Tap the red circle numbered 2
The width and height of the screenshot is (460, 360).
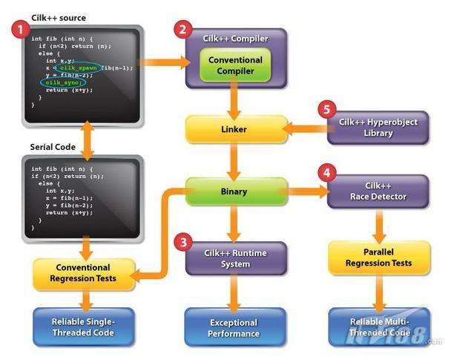pos(182,30)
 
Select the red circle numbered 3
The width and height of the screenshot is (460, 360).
pos(182,241)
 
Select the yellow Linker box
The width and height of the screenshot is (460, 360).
pos(235,129)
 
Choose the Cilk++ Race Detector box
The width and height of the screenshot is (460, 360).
pos(379,191)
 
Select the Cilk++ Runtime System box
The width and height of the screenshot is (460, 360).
pos(235,258)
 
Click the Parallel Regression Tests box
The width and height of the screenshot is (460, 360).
pos(379,258)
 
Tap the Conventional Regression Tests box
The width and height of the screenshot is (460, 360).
pos(83,273)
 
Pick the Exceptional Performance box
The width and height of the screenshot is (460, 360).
pos(234,327)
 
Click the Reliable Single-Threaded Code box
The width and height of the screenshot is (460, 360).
pos(83,327)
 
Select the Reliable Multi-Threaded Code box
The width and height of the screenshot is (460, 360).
pos(379,327)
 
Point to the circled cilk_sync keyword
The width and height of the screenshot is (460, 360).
pos(59,82)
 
